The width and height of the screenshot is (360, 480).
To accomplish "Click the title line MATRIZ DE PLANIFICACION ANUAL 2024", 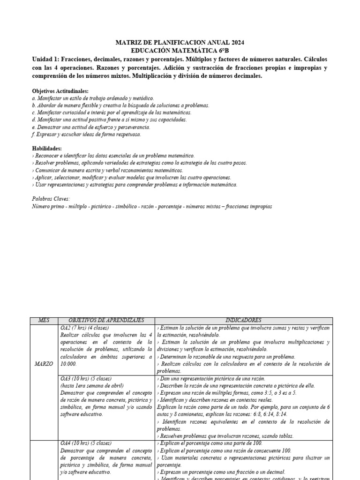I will [180, 43].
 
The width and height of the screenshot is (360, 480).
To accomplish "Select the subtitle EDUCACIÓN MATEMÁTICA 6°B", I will [180, 51].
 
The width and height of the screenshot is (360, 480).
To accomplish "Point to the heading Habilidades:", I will [47, 148].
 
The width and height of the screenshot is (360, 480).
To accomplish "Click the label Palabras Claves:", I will [51, 199].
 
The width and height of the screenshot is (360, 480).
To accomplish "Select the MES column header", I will [43, 320].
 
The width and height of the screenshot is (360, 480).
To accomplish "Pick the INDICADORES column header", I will [243, 320].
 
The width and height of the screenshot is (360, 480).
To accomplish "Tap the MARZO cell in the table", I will [43, 364].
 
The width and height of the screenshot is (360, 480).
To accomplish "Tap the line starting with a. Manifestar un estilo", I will [93, 98].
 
